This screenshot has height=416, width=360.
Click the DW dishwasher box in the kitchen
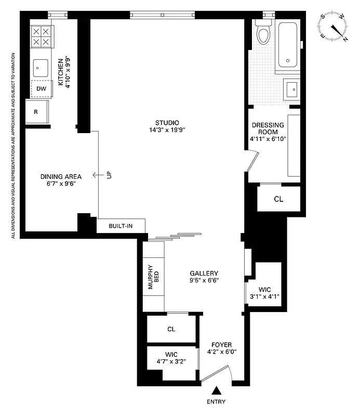click(x=41, y=89)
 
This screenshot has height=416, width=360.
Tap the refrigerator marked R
click(x=36, y=111)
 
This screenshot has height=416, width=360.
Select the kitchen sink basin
click(x=41, y=68)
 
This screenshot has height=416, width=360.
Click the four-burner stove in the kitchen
click(x=41, y=37)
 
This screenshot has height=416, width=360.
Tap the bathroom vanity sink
click(x=292, y=89)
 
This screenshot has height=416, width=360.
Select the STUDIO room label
click(x=167, y=122)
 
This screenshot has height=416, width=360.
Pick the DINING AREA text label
click(x=61, y=176)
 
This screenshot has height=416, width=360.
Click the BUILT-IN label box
click(x=121, y=226)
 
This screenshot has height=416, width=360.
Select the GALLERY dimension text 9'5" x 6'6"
click(x=204, y=280)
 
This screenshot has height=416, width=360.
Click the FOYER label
click(x=221, y=345)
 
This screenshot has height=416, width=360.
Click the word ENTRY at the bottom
click(x=216, y=402)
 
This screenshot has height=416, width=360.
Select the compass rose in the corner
click(x=334, y=27)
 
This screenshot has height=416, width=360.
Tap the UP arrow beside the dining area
click(x=98, y=175)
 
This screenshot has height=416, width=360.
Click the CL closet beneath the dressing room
click(x=278, y=199)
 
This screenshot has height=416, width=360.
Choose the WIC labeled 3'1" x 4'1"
click(x=264, y=293)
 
